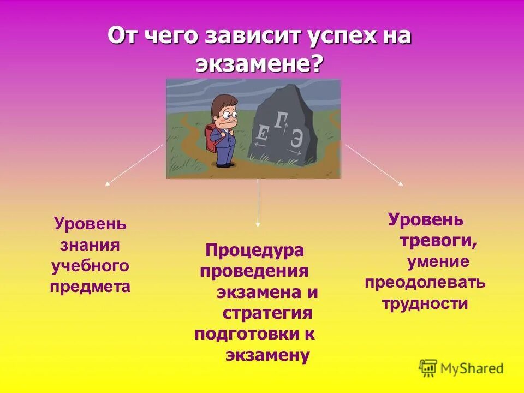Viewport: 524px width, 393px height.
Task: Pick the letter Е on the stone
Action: pos(262,134)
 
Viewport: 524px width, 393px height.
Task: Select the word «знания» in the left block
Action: pos(90,245)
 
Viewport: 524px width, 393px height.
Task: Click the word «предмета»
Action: pos(90,287)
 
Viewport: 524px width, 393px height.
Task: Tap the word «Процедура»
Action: pos(254,251)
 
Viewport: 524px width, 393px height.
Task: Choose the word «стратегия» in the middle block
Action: pos(267,313)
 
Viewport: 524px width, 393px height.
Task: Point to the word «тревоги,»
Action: pos(439,241)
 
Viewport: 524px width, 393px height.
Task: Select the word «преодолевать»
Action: pos(425,283)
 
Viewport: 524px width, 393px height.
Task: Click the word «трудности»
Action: pos(425,303)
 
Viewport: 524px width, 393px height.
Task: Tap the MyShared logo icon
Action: pos(428,367)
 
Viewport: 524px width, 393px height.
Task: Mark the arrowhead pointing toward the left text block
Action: pos(108,184)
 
